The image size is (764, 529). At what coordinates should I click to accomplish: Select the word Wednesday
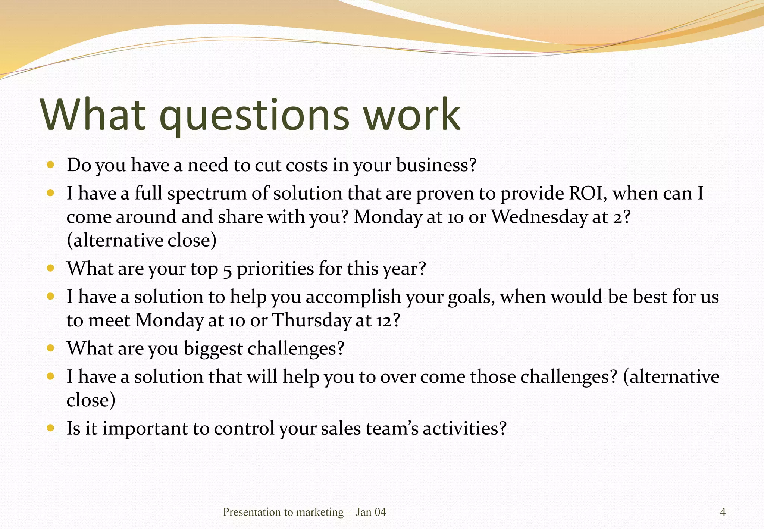tap(539, 217)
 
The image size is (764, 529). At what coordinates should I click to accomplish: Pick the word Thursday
tap(311, 320)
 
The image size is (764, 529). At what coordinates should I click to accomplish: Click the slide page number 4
tap(723, 512)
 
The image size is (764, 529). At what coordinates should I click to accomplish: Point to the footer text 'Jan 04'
tap(371, 512)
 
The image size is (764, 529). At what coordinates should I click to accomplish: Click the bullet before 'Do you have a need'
tap(51, 164)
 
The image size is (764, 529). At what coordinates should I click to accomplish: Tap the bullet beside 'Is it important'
tap(51, 428)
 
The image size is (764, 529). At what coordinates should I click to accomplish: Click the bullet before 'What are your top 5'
tap(51, 268)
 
